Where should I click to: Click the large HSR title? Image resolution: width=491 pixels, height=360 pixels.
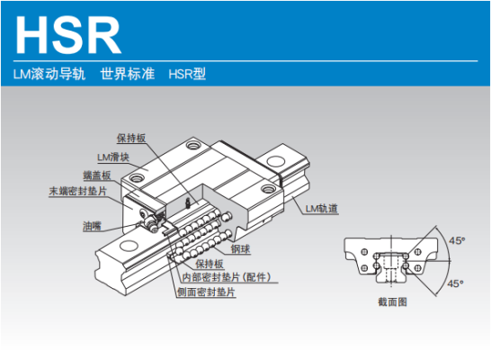coord(68,35)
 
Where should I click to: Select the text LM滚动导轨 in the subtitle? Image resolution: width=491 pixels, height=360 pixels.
coord(49,74)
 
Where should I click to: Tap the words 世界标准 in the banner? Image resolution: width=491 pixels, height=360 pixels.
coord(128,74)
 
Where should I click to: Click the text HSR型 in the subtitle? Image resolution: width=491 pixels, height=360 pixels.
coord(187,74)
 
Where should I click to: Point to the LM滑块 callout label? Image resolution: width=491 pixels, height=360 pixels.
coord(113,157)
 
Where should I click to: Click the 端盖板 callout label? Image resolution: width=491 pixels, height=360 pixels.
coord(97,175)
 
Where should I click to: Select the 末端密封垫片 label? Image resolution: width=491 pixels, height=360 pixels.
coord(78,191)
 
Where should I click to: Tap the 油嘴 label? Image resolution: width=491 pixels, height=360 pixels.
coord(92,226)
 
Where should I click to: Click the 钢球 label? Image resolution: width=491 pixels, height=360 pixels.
coord(240,248)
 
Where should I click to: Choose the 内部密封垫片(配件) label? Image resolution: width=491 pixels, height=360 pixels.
coord(227,277)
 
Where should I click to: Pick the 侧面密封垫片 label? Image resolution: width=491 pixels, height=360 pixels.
coord(206,292)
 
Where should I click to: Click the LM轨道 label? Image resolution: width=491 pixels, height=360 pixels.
coord(322,209)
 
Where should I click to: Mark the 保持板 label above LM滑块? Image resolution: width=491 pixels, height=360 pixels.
coord(131,138)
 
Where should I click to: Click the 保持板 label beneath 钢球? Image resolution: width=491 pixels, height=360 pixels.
coord(210,264)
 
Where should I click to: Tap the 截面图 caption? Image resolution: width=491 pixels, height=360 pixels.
coord(392,302)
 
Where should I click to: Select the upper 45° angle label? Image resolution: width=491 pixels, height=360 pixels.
coord(457,240)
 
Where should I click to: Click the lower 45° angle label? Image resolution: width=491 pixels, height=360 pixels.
coord(455,283)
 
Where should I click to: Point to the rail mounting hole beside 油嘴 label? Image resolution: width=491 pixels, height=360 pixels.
coord(128,246)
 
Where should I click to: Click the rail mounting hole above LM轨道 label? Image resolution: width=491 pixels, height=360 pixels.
coord(275,162)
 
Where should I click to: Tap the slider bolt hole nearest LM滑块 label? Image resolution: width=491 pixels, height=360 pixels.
coord(137,178)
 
